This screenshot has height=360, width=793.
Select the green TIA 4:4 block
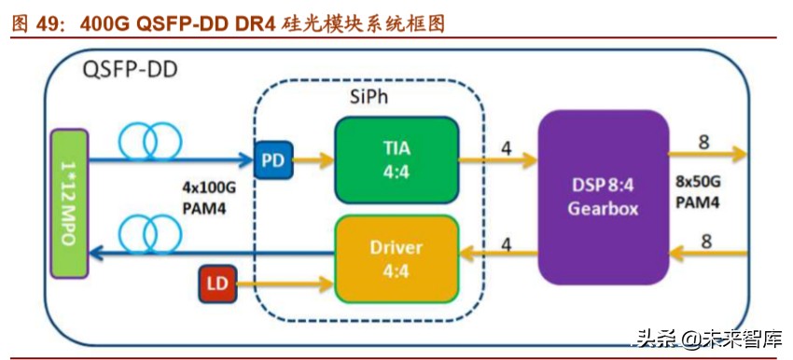point(396,159)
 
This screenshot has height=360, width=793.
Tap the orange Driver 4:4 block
point(396,258)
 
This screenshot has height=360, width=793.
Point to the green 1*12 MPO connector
point(68,202)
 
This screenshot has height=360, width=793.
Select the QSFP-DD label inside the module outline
point(131,69)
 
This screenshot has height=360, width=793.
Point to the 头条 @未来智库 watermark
point(709,338)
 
